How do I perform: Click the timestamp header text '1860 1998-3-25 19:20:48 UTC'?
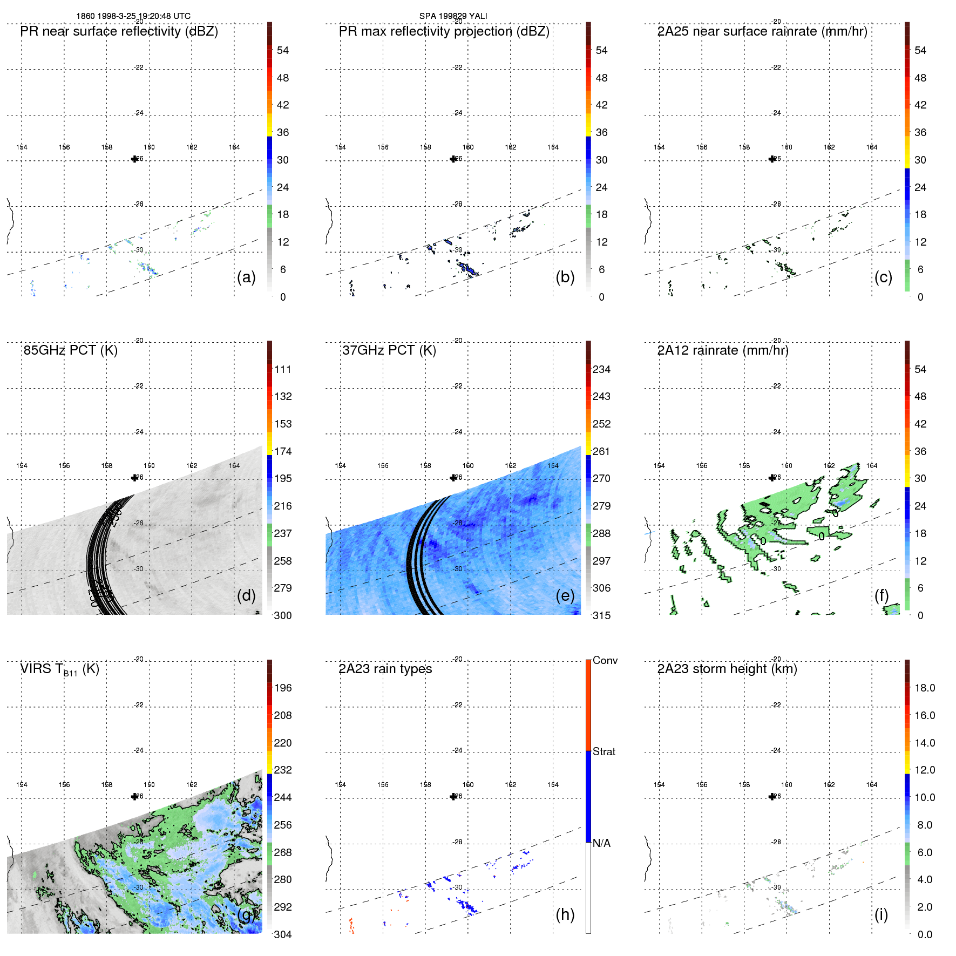pyautogui.click(x=133, y=16)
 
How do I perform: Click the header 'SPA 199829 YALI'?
pyautogui.click(x=453, y=16)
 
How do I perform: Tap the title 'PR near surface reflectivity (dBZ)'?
pyautogui.click(x=119, y=31)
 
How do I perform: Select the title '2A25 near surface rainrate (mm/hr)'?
pyautogui.click(x=762, y=31)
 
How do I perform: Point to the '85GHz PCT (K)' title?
pyautogui.click(x=70, y=350)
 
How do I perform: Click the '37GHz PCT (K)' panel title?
pyautogui.click(x=389, y=350)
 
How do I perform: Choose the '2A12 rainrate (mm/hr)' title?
pyautogui.click(x=722, y=350)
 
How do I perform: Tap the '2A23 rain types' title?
pyautogui.click(x=385, y=669)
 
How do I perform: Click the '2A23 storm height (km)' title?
pyautogui.click(x=727, y=669)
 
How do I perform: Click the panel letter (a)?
pyautogui.click(x=246, y=277)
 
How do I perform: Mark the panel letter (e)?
pyautogui.click(x=565, y=596)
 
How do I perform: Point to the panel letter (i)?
pyautogui.click(x=881, y=914)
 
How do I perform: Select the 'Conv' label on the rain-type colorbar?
pyautogui.click(x=605, y=660)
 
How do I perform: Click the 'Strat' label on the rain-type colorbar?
pyautogui.click(x=604, y=751)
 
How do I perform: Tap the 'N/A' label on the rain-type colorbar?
pyautogui.click(x=601, y=843)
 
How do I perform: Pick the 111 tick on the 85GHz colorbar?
pyautogui.click(x=283, y=369)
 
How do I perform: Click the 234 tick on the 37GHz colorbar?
pyautogui.click(x=601, y=369)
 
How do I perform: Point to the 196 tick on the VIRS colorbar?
pyautogui.click(x=283, y=688)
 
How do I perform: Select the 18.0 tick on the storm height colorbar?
pyautogui.click(x=924, y=688)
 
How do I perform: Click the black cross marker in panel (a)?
pyautogui.click(x=134, y=159)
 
